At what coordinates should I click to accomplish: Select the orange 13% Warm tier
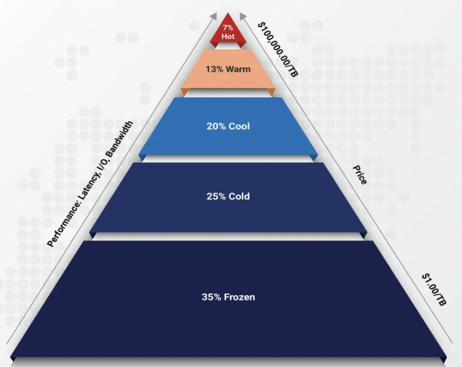(x=228, y=71)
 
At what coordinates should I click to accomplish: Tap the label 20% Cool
(x=228, y=126)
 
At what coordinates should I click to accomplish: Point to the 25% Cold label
(x=228, y=196)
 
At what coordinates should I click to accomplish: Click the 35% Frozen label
(x=228, y=296)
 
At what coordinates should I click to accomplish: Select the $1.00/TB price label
(x=434, y=290)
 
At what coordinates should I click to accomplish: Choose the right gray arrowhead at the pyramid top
(x=241, y=16)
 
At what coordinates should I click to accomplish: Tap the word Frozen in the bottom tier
(x=239, y=296)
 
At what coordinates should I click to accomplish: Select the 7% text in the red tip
(x=228, y=28)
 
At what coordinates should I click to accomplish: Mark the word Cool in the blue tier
(x=239, y=126)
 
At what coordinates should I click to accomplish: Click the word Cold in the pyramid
(x=239, y=196)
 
